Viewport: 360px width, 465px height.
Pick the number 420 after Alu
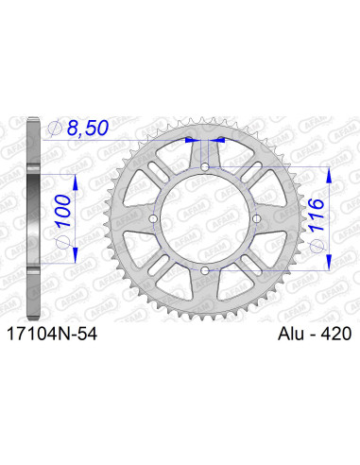[331, 334]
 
